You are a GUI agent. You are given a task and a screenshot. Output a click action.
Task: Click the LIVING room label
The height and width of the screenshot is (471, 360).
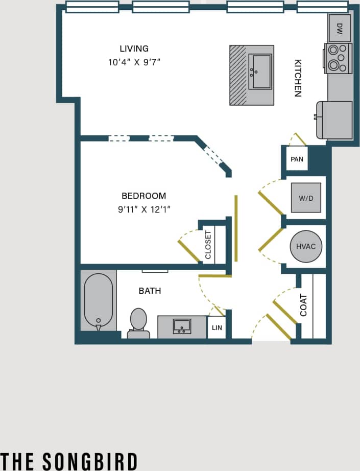pos(134,49)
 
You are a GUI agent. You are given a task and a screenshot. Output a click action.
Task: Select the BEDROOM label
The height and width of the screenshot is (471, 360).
pos(143,196)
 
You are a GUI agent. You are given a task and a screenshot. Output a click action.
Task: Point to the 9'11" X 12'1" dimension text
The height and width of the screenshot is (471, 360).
pos(143,209)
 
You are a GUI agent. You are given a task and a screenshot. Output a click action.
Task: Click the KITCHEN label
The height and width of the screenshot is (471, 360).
pos(298,78)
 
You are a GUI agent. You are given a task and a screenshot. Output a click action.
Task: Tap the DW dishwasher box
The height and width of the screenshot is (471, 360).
pos(340,28)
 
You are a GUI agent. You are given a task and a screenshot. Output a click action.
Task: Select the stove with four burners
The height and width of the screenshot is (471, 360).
pos(339,58)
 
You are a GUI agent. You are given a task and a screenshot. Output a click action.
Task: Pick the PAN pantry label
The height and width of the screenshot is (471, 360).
pos(297,159)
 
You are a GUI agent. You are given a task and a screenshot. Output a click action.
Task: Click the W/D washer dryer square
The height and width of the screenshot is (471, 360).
pos(306,198)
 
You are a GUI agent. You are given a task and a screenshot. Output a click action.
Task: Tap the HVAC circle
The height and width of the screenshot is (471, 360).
pos(306,246)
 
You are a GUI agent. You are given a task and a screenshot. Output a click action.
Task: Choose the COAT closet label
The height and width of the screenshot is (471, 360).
pos(304,305)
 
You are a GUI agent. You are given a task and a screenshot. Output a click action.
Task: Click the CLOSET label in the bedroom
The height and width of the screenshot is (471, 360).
pos(208,245)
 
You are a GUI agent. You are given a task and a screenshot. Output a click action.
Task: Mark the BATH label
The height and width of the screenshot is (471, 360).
pos(150,291)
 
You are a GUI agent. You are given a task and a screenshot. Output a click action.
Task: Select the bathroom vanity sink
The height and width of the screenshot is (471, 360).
pos(182,326)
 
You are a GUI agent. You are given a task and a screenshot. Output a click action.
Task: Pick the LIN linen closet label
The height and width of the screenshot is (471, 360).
pos(217,327)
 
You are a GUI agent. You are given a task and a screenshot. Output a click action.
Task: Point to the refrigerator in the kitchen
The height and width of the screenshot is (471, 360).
pos(335,120)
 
